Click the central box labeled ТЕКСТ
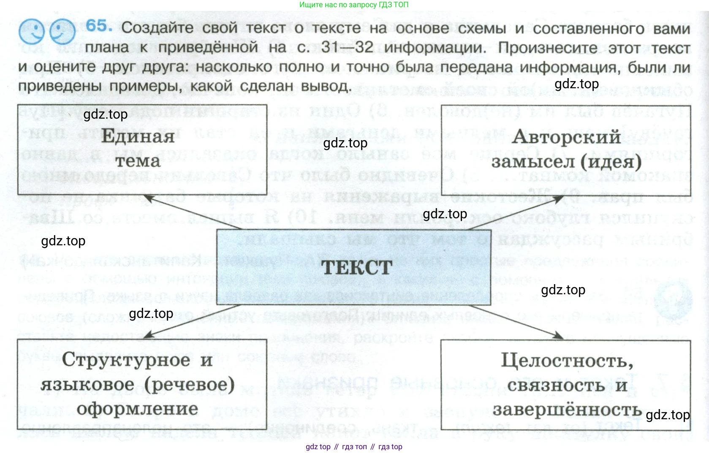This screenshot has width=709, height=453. [354, 267]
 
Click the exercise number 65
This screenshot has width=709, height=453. [99, 26]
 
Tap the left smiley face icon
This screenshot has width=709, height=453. [31, 31]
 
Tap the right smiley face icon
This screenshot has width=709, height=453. [62, 32]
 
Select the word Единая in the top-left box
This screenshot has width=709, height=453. [138, 136]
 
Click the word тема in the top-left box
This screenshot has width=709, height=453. [138, 161]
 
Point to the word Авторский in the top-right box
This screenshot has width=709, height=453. [566, 137]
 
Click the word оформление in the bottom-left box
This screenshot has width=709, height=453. [137, 409]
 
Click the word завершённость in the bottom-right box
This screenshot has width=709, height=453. [567, 410]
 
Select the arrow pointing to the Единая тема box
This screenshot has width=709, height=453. [194, 213]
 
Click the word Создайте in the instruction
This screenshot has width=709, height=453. [157, 28]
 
